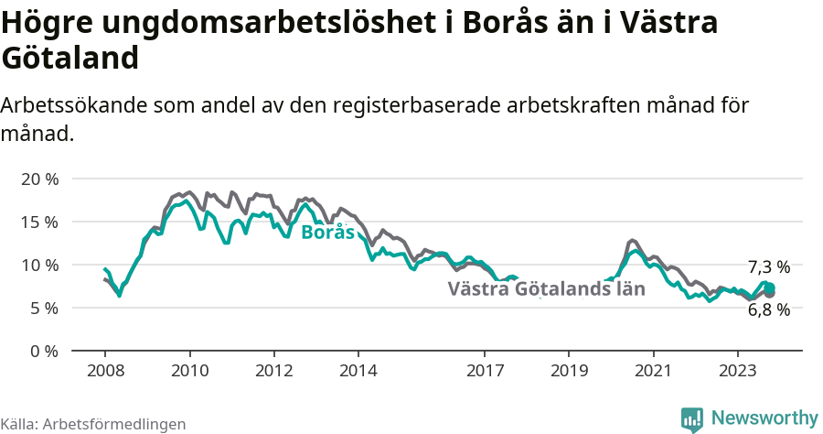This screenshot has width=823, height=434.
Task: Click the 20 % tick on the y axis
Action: point(38,179)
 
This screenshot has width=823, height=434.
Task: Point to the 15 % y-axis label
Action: point(38,222)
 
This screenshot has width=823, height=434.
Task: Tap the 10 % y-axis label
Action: point(38,265)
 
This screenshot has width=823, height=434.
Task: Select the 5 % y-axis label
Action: point(43,308)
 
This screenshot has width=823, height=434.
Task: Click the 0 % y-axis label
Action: point(43,351)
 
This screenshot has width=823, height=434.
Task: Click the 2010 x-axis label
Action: point(189,372)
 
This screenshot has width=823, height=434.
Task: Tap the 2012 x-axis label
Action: point(273,372)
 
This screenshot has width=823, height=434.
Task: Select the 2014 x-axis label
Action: point(358,372)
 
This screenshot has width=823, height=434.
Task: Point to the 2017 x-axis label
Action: point(485,372)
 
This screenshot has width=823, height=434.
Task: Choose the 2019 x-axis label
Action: point(569,372)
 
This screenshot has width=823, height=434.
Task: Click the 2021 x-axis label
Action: point(654,372)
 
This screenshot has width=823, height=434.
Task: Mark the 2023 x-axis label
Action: point(738,372)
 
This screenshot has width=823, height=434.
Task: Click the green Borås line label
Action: point(327,233)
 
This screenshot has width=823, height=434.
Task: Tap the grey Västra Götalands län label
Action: point(546,289)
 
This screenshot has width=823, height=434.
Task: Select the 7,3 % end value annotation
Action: point(768,267)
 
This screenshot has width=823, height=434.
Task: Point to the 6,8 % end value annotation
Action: point(768,309)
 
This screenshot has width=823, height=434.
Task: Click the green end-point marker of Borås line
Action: point(769,288)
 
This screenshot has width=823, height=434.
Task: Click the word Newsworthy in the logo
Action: point(764,418)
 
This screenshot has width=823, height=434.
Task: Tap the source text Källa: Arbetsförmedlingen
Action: point(93,424)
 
